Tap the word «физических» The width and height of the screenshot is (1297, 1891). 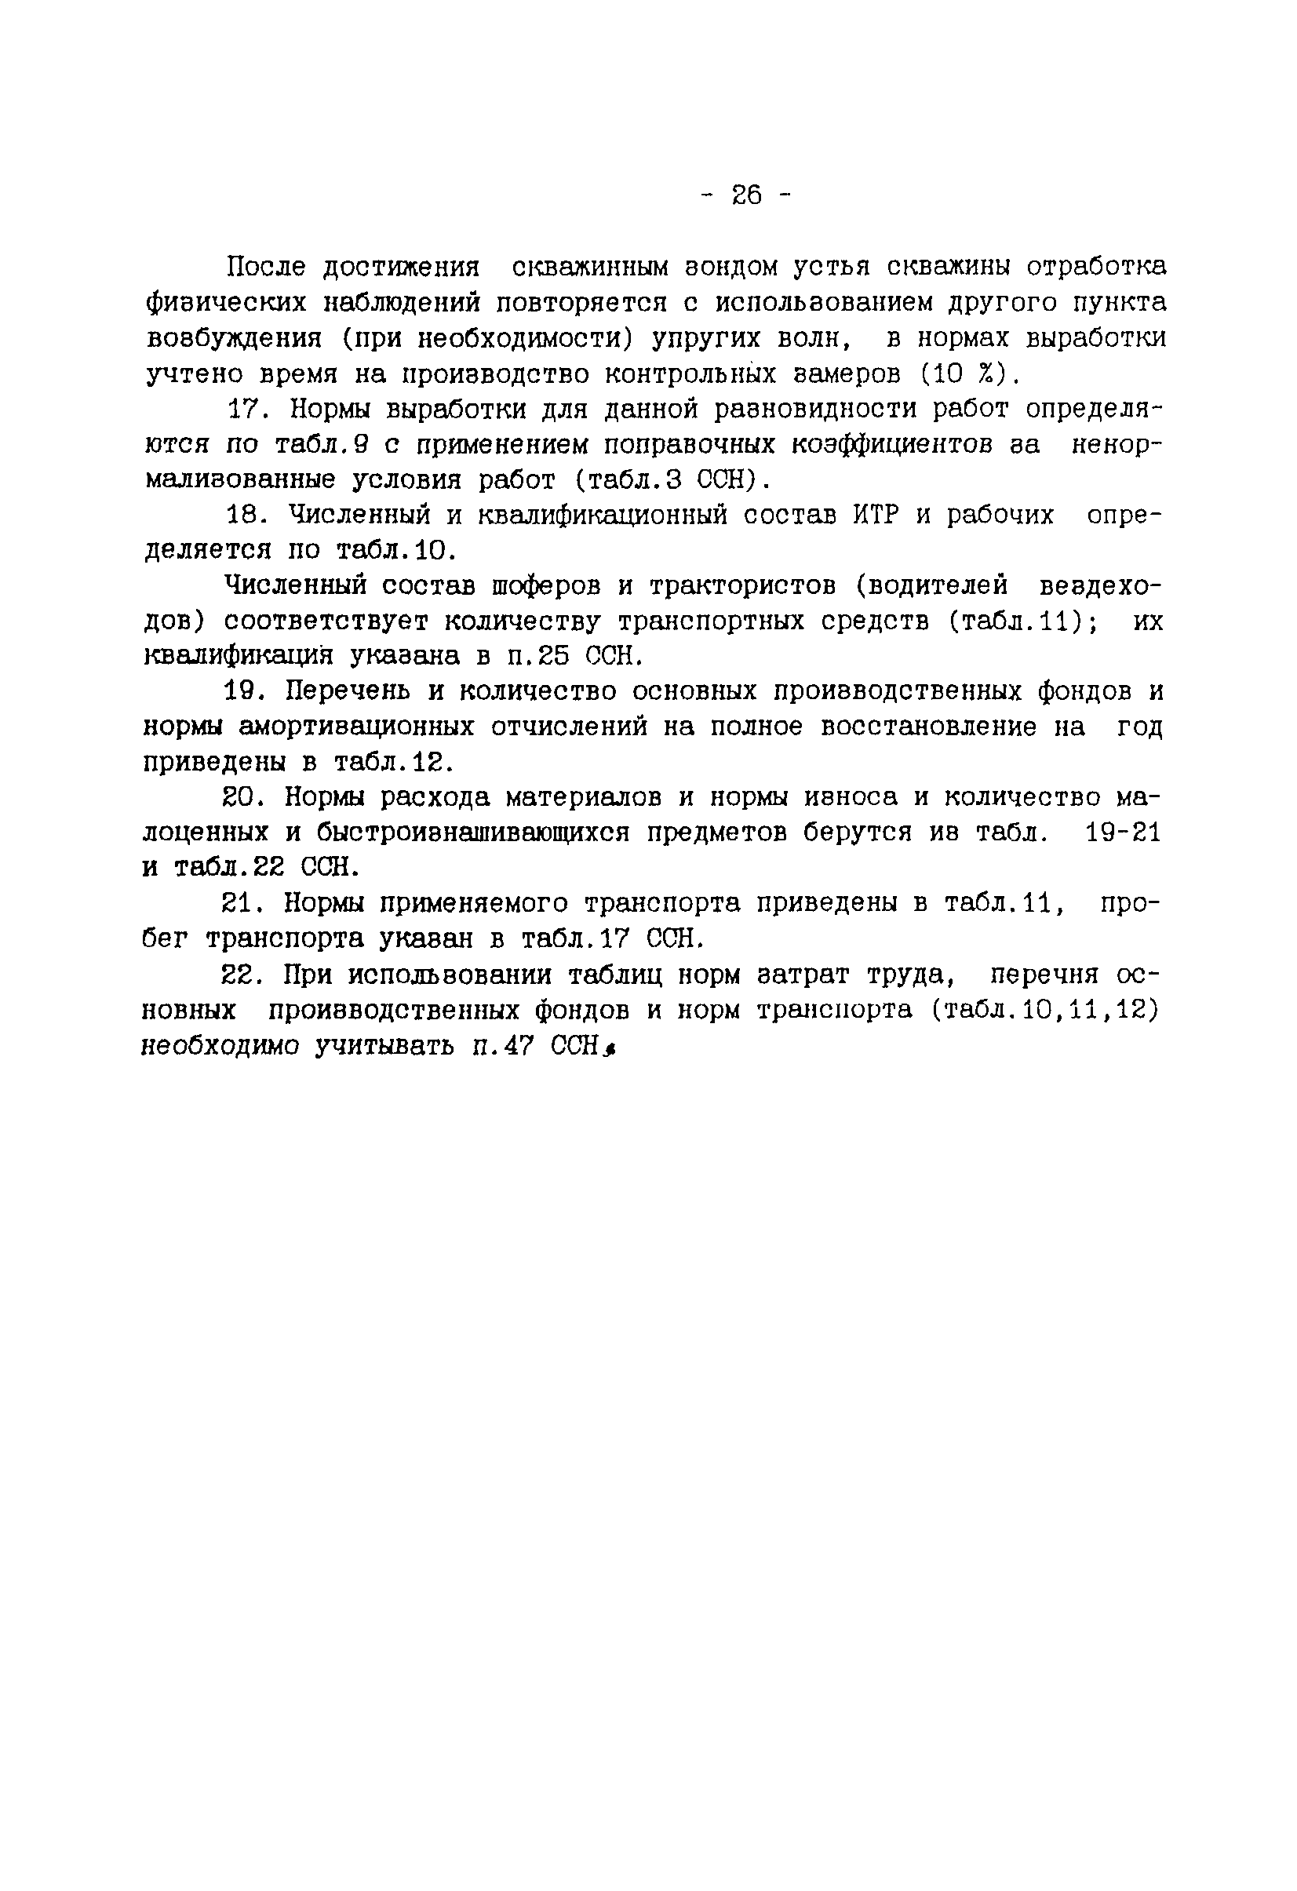point(225,303)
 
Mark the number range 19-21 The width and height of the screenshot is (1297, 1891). point(1122,833)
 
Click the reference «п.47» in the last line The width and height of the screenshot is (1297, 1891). point(501,1047)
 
